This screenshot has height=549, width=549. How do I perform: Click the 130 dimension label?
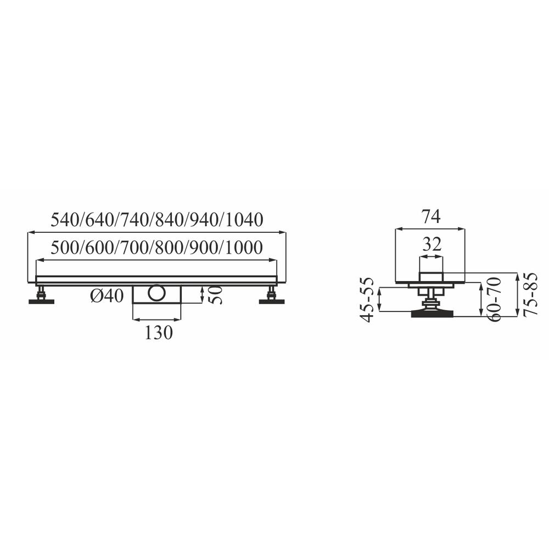coord(159,333)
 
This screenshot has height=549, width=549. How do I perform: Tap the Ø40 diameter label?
coord(107,296)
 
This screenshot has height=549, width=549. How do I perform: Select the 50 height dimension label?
coord(215,295)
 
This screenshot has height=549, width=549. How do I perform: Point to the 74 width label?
coord(430,217)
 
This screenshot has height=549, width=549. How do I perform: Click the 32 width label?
coord(432,244)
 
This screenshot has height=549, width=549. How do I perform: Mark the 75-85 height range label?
coord(530,294)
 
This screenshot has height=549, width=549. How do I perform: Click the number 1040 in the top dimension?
coord(244,220)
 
